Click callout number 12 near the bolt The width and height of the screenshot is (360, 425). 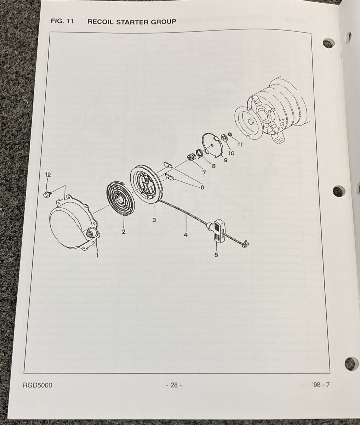(x=48, y=175)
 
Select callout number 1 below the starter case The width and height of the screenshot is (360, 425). (x=97, y=254)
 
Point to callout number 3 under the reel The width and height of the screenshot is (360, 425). (x=154, y=220)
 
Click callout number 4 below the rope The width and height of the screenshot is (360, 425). (x=185, y=234)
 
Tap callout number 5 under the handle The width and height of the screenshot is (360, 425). (x=216, y=254)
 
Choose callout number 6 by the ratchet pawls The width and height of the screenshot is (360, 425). (x=202, y=187)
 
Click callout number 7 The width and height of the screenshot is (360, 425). (x=204, y=172)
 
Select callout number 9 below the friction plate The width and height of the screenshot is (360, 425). (x=225, y=160)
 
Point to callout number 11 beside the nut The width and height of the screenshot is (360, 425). (x=240, y=144)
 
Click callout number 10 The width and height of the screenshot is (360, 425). (x=232, y=153)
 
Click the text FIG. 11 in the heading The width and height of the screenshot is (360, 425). (x=62, y=21)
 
